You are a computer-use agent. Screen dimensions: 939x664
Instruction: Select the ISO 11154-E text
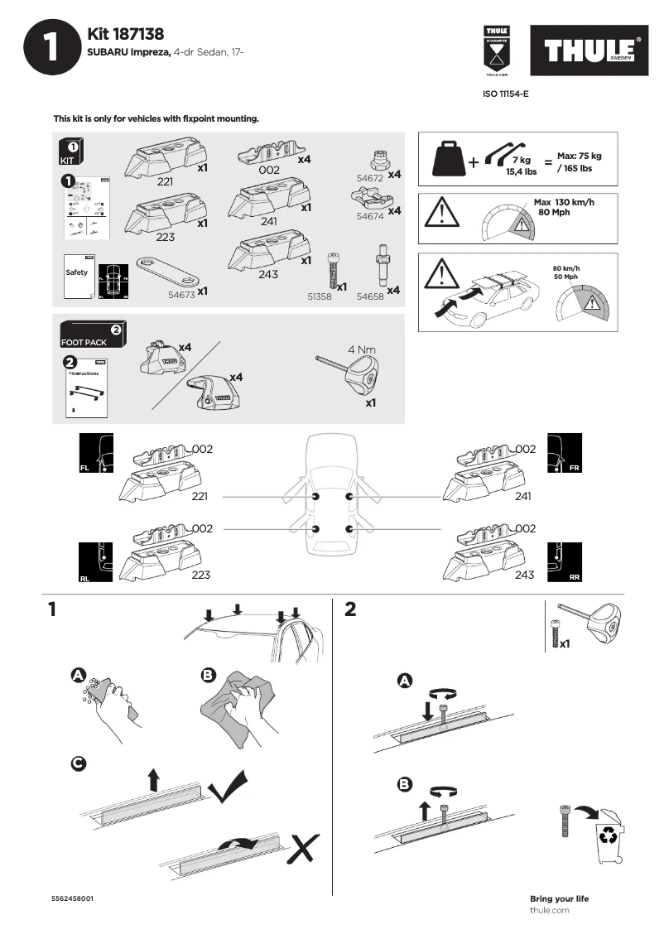tap(505, 94)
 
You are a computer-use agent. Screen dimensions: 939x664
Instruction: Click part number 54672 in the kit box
tap(368, 178)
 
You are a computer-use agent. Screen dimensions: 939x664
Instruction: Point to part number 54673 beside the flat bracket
tap(181, 293)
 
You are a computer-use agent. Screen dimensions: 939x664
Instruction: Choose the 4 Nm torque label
tap(362, 349)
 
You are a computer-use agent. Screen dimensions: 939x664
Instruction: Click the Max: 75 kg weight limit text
tap(580, 156)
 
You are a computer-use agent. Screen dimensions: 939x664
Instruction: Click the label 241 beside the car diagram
tap(522, 497)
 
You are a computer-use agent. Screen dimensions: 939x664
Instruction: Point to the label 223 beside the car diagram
tap(200, 575)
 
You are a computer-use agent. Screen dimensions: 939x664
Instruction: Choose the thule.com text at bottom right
tap(549, 910)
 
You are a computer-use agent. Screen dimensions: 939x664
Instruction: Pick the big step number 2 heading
tap(350, 609)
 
